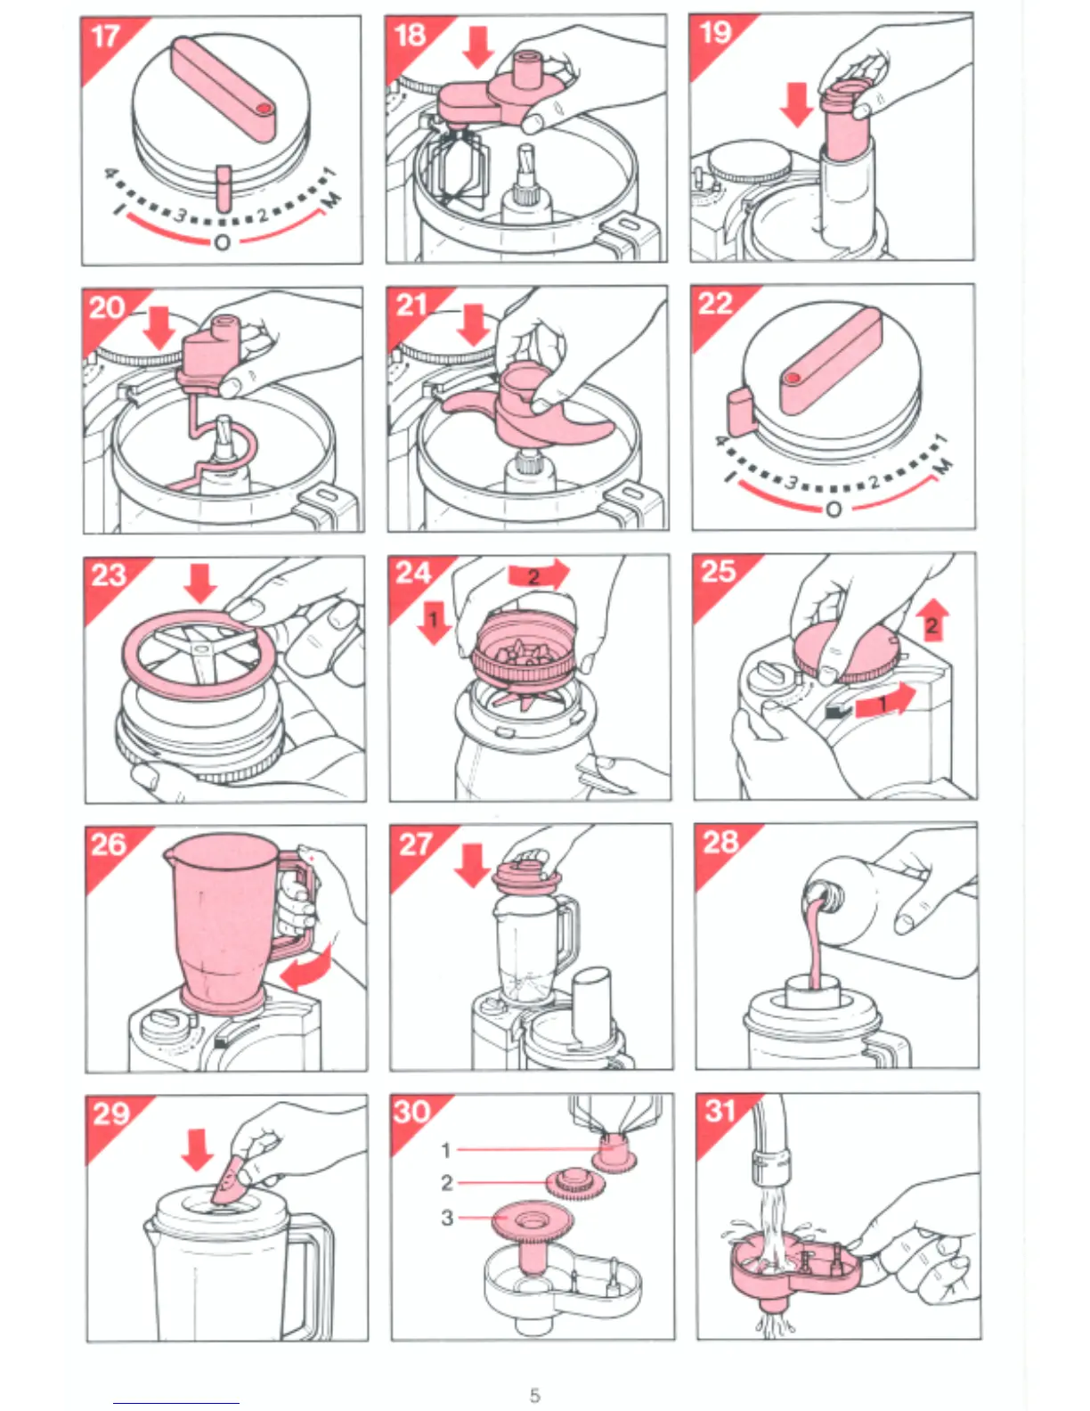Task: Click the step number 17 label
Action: click(x=105, y=37)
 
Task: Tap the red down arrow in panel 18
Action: click(x=478, y=46)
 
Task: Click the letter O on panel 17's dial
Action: click(x=222, y=243)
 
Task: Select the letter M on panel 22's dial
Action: click(x=943, y=466)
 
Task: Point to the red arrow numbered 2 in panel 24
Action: click(x=538, y=575)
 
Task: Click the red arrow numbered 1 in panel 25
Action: click(x=885, y=702)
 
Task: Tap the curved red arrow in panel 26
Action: click(x=306, y=969)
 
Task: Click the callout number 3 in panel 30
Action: click(x=447, y=1218)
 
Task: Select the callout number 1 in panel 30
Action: click(x=445, y=1150)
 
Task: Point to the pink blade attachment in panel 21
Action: click(x=528, y=408)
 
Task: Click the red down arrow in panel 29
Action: click(x=198, y=1149)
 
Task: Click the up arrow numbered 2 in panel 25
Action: click(x=932, y=620)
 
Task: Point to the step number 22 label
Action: click(x=715, y=304)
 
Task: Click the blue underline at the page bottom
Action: click(x=176, y=1403)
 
